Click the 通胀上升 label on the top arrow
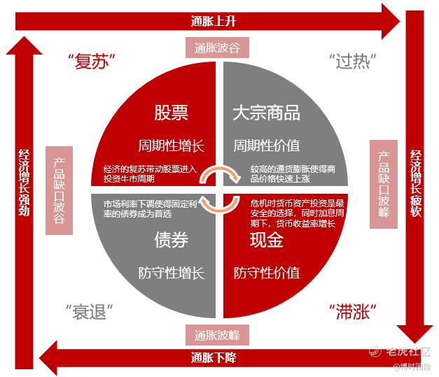(214, 21)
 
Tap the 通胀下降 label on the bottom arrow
(214, 357)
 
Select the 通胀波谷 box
(217, 48)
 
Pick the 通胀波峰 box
(217, 335)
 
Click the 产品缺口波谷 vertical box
(59, 190)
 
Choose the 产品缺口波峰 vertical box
(384, 185)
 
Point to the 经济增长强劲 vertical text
(24, 183)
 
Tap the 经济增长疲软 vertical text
(416, 183)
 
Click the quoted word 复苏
(92, 62)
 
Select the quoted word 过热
(352, 61)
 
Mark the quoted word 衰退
(90, 311)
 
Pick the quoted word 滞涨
(352, 311)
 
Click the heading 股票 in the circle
(171, 113)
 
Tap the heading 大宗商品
(266, 113)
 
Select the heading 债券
(171, 240)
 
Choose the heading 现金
(267, 240)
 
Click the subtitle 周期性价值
(267, 145)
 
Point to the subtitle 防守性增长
(172, 273)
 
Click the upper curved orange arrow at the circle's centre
(220, 169)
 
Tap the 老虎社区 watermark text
(408, 351)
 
